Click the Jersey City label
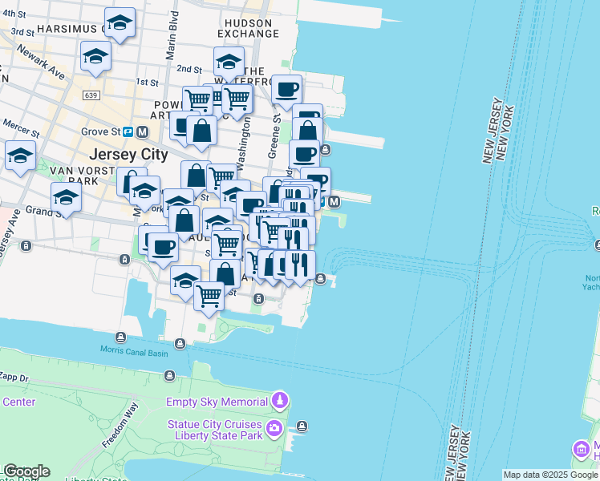[129, 154]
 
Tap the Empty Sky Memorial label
[217, 402]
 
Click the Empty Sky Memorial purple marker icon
[279, 399]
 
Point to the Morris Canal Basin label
[134, 350]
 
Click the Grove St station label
[99, 131]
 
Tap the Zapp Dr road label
[14, 376]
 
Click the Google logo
[26, 471]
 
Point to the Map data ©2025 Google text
[549, 475]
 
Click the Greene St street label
[275, 132]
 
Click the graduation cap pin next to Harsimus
[120, 24]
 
